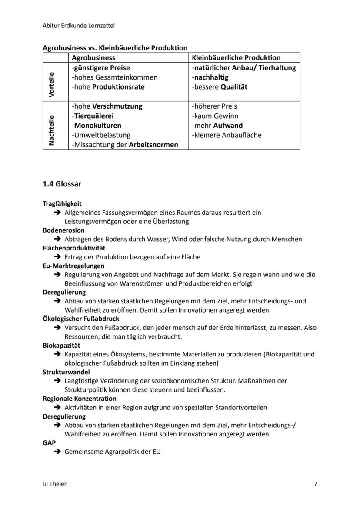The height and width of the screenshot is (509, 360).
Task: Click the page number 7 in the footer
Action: click(315, 484)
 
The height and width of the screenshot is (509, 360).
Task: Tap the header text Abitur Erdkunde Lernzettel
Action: click(79, 26)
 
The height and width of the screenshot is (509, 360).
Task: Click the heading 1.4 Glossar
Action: click(62, 184)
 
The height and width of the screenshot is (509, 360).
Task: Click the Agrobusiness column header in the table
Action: click(93, 57)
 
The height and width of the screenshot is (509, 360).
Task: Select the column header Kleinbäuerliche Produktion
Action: click(236, 57)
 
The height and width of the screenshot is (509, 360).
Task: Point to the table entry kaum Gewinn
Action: click(215, 116)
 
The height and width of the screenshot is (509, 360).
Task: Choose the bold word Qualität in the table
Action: click(234, 86)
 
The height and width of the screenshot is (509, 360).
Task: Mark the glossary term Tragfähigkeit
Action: click(62, 203)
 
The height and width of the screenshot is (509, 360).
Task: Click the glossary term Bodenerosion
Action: click(63, 230)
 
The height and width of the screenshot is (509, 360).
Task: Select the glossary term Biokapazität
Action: click(61, 346)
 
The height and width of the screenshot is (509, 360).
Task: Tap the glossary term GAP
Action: click(49, 443)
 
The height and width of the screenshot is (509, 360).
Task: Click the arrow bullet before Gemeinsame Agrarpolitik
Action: click(57, 452)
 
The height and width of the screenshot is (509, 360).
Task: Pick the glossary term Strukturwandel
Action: click(66, 372)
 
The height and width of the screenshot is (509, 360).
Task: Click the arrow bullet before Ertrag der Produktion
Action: click(57, 257)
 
